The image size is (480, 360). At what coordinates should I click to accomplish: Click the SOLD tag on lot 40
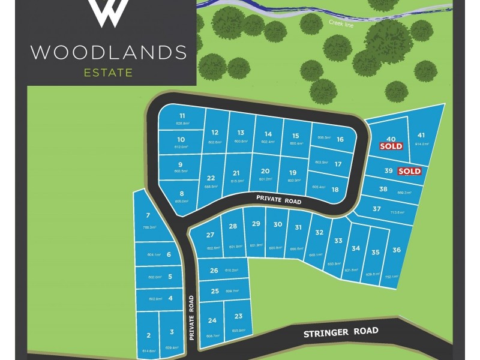pyautogui.click(x=391, y=146)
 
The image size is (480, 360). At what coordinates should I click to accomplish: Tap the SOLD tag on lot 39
pyautogui.click(x=410, y=171)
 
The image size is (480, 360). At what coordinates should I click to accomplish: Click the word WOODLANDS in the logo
pyautogui.click(x=109, y=52)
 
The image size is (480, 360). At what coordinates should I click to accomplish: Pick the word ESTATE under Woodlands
pyautogui.click(x=109, y=74)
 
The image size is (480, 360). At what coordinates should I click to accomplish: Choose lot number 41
pyautogui.click(x=421, y=135)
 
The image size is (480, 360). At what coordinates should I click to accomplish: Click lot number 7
pyautogui.click(x=148, y=215)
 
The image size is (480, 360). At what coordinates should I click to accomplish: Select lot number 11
pyautogui.click(x=182, y=116)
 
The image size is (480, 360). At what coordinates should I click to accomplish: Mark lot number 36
pyautogui.click(x=396, y=250)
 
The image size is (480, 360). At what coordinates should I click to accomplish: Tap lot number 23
pyautogui.click(x=238, y=316)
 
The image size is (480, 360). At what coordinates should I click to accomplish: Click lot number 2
pyautogui.click(x=148, y=335)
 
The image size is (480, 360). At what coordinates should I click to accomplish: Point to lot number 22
pyautogui.click(x=211, y=178)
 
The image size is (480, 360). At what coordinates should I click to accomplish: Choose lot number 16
pyautogui.click(x=340, y=139)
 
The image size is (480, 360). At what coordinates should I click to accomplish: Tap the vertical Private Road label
pyautogui.click(x=191, y=319)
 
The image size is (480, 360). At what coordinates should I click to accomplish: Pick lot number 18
pyautogui.click(x=335, y=190)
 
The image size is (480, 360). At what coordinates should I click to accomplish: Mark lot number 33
pyautogui.click(x=338, y=241)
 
